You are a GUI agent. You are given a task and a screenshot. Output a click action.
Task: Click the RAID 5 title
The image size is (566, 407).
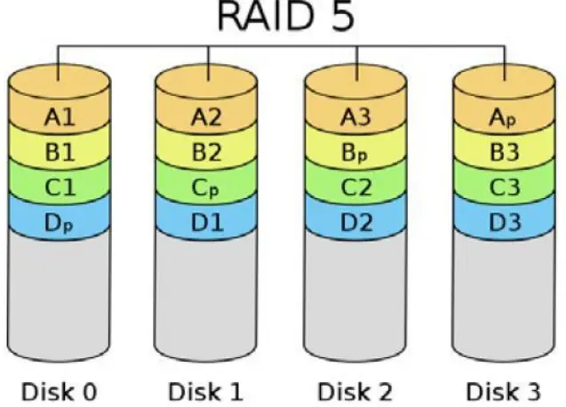click(x=282, y=20)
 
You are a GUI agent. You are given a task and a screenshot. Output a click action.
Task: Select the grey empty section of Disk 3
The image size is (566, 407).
click(x=506, y=293)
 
